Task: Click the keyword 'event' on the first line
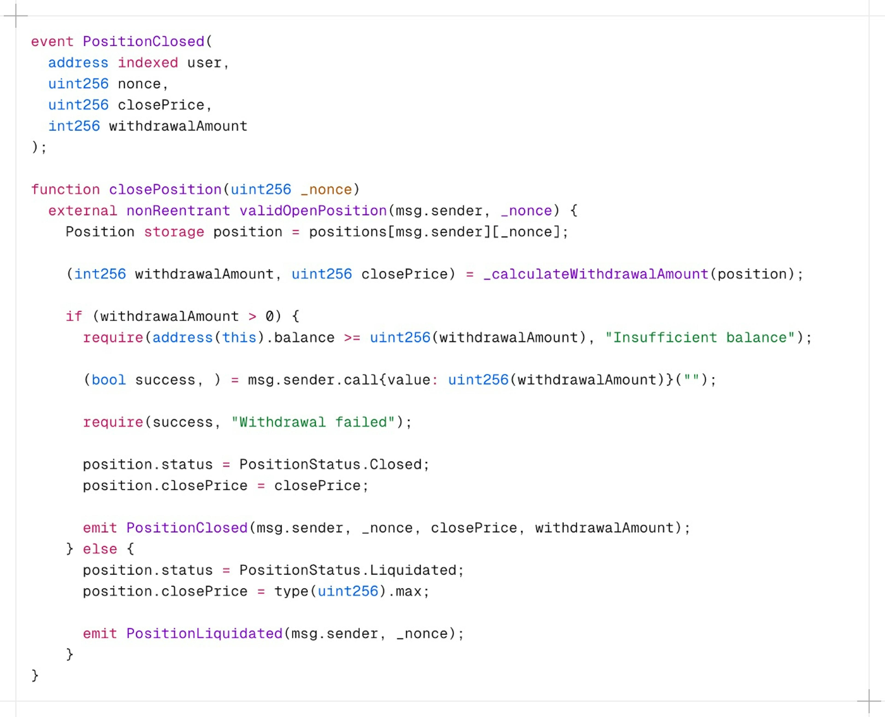[x=52, y=42]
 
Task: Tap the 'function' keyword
[x=65, y=190]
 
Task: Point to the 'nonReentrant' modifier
[x=178, y=211]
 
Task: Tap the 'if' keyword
[x=74, y=316]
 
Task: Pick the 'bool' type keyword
[x=109, y=380]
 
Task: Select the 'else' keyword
[x=100, y=549]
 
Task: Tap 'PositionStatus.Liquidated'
[x=348, y=570]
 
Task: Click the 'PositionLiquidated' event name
[x=204, y=634]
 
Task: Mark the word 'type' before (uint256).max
[x=291, y=591]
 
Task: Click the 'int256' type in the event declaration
[x=74, y=126]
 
